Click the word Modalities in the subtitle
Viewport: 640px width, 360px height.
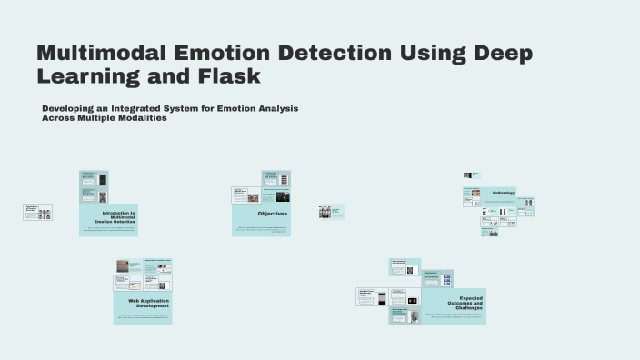144,117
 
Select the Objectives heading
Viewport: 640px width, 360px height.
272,214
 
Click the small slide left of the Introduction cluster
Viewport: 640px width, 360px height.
37,212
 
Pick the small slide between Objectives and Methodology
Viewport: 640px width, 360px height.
331,212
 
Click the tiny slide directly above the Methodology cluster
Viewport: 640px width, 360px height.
471,175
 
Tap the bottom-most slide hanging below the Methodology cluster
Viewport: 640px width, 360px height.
490,233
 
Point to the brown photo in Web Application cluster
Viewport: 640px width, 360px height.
122,266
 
